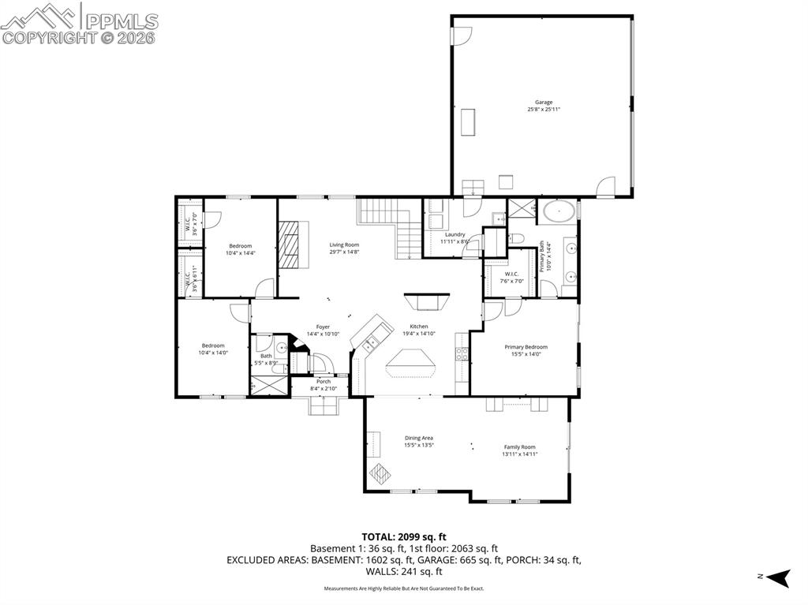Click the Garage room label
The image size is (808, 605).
click(x=544, y=102)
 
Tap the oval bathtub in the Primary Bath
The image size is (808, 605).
click(x=559, y=211)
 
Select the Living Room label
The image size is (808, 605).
click(x=344, y=245)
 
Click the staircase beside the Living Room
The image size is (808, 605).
click(x=391, y=225)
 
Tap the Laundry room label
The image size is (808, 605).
click(x=454, y=234)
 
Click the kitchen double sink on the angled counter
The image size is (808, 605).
click(x=370, y=342)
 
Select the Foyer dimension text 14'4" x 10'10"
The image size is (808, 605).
click(x=323, y=334)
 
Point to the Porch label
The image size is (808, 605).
click(x=324, y=381)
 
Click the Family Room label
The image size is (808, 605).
click(x=519, y=447)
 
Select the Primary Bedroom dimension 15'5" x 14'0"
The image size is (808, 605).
click(x=526, y=354)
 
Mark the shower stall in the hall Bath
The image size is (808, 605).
click(x=269, y=386)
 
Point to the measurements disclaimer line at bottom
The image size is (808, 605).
click(x=404, y=588)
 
